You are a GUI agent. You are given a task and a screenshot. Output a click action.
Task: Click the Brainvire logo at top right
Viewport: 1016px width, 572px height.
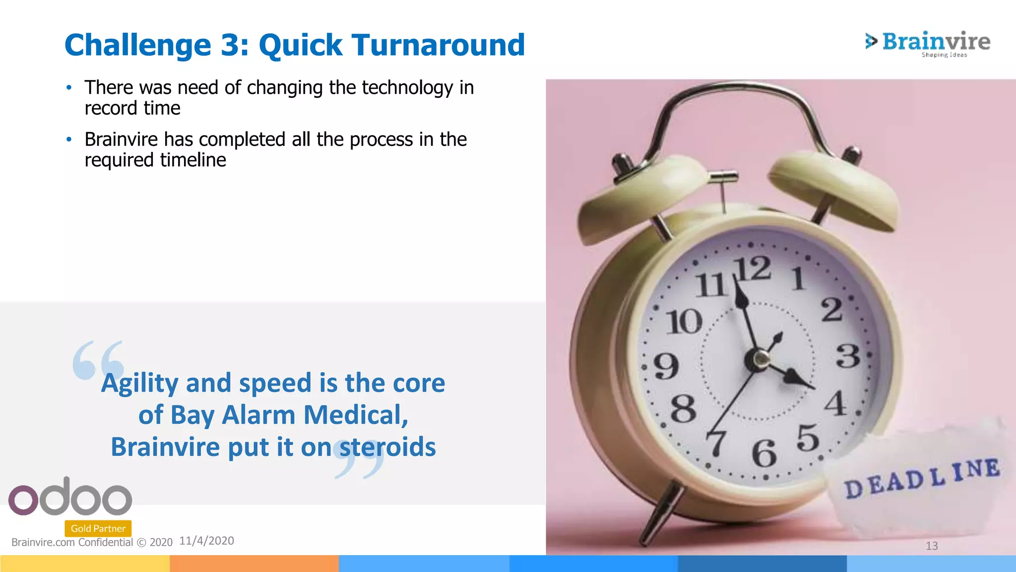tap(928, 43)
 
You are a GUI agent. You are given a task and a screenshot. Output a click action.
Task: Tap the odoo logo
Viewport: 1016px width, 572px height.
tap(70, 497)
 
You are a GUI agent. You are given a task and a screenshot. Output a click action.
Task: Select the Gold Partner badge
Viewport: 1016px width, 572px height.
tap(98, 528)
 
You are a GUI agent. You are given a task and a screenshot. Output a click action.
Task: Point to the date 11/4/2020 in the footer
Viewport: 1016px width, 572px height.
tap(206, 541)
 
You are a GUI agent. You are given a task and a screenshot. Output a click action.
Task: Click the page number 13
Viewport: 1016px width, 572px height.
tap(932, 546)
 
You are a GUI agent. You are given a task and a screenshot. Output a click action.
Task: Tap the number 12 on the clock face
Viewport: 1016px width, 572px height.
tap(754, 270)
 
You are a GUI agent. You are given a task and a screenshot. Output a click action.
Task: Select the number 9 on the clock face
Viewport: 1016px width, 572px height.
tap(666, 366)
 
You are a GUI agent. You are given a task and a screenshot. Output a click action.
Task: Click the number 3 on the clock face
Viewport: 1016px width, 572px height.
tap(848, 356)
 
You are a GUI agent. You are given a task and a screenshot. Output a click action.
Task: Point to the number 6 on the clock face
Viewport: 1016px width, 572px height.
tap(763, 453)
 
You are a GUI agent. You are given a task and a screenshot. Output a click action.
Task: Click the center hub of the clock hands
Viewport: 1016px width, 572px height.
tap(758, 358)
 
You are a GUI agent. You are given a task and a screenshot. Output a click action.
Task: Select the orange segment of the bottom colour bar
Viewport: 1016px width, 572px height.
tap(254, 564)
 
